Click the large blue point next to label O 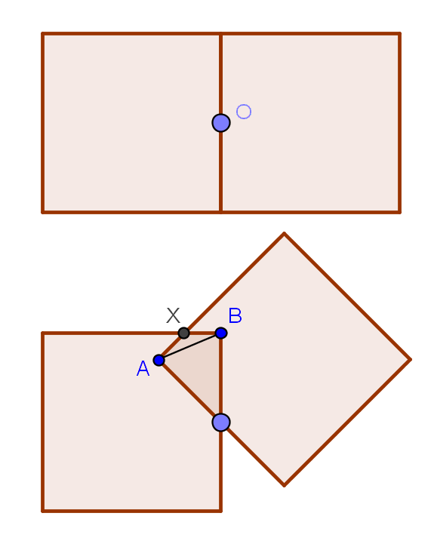tap(221, 123)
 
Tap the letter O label tap(244, 112)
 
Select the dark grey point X tap(183, 333)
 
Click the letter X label tap(173, 315)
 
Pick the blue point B tap(220, 333)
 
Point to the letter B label tap(235, 315)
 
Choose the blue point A tap(159, 360)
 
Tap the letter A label tap(143, 369)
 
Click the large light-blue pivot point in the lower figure tap(221, 422)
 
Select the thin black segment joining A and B tap(190, 346)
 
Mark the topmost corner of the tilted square tap(284, 233)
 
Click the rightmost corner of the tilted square tap(411, 360)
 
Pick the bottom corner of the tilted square tap(285, 486)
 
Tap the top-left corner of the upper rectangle tap(42, 34)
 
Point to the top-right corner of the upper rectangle tap(400, 34)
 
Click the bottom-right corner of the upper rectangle tap(400, 212)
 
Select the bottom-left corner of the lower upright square tap(42, 511)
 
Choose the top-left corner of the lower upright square tap(42, 333)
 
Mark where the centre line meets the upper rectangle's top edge tap(220, 34)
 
